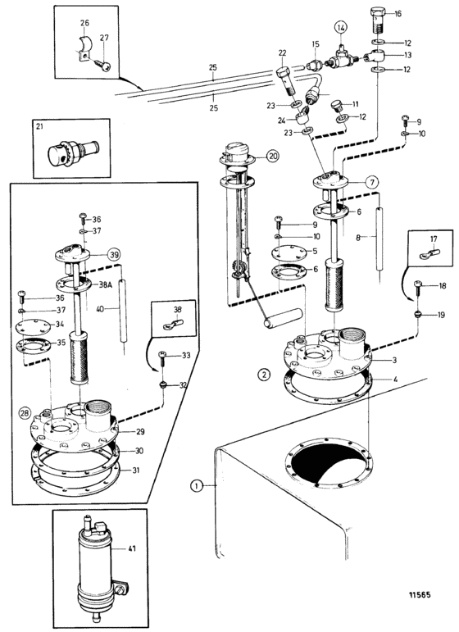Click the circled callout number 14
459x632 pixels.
(x=341, y=28)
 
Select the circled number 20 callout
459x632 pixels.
(x=273, y=157)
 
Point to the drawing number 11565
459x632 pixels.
(x=420, y=595)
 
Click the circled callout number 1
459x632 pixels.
(x=196, y=486)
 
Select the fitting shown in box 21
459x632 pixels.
(x=73, y=150)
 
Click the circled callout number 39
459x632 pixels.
(x=114, y=255)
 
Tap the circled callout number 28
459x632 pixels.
(x=25, y=413)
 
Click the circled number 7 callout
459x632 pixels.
(x=372, y=182)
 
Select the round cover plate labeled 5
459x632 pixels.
(x=289, y=252)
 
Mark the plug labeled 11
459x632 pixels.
(x=336, y=106)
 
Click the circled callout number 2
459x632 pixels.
(x=264, y=375)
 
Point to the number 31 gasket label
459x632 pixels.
(x=135, y=470)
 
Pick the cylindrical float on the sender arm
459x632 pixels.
(x=284, y=317)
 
